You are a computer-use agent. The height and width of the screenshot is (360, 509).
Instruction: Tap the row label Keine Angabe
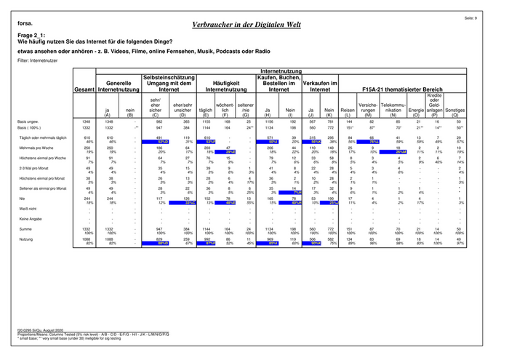tap(31, 218)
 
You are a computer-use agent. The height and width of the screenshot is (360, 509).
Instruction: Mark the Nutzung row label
tap(27, 239)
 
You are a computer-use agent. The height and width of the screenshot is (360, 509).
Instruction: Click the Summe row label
tap(27, 228)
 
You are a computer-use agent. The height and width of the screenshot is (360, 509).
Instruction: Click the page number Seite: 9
tap(490, 17)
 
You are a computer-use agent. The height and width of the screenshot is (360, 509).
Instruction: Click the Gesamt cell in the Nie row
tap(84, 198)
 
